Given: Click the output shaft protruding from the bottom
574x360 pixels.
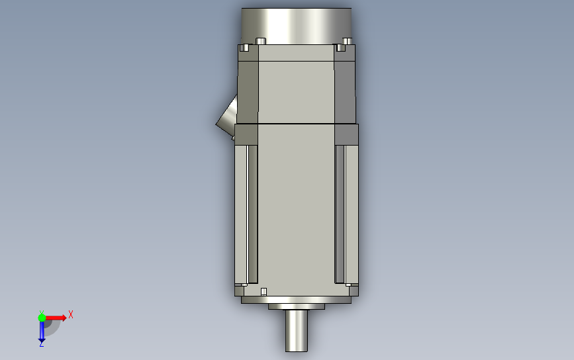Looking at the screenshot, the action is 297,330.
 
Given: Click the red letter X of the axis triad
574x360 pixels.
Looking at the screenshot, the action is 71,314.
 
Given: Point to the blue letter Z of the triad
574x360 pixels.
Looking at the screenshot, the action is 42,344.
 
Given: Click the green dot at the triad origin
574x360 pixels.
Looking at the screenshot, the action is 42,318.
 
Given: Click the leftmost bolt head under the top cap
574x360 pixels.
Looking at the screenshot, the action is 244,48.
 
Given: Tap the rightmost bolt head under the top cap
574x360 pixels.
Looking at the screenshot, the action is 347,41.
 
